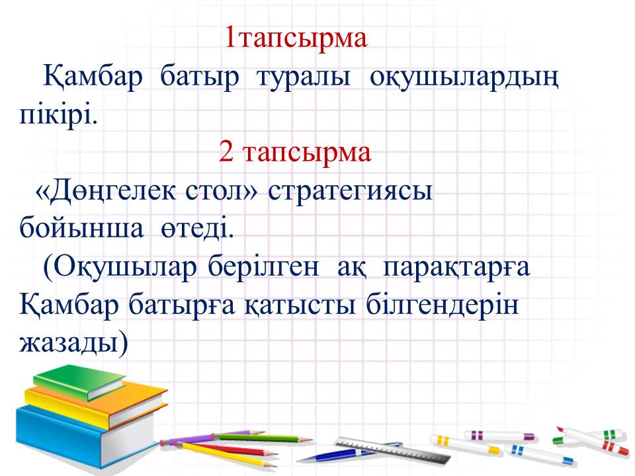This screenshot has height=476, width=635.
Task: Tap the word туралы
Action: [304, 77]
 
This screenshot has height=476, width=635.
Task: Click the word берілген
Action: [263, 267]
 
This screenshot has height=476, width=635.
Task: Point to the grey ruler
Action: [392, 450]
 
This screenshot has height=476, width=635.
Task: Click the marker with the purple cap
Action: [499, 436]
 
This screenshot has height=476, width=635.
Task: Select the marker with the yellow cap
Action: [464, 444]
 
